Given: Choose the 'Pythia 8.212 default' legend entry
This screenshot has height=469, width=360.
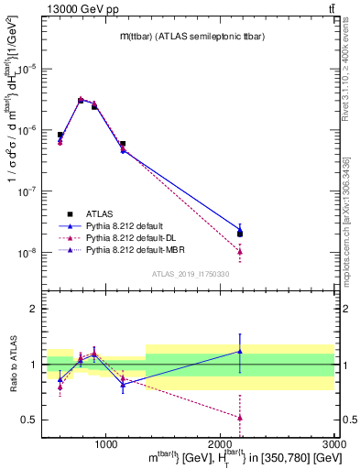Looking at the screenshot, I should (128, 225).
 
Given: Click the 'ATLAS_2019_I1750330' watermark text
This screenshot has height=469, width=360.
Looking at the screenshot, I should (190, 274).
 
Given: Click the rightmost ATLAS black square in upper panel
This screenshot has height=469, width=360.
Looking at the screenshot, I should (240, 234).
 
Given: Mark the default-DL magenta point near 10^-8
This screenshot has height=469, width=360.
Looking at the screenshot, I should (240, 251).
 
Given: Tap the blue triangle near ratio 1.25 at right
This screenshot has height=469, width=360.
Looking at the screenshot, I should (240, 351).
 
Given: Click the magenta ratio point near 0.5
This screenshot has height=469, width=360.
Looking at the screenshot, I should (240, 417).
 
